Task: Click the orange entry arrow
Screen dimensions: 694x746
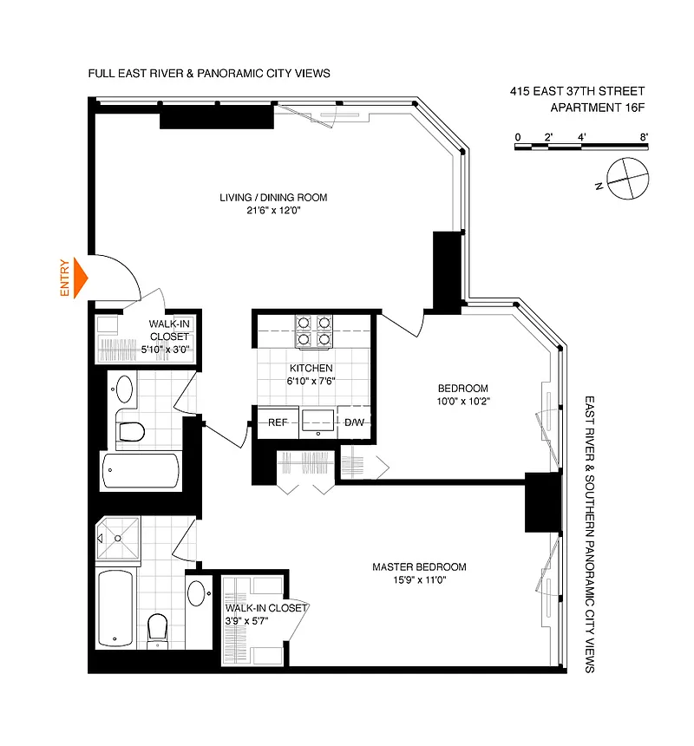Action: (81, 278)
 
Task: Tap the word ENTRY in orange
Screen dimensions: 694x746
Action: (65, 278)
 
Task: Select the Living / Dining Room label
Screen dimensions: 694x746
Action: (273, 198)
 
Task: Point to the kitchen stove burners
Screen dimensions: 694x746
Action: (314, 331)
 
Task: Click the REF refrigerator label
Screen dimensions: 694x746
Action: (278, 422)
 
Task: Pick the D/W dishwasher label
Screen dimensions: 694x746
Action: (354, 422)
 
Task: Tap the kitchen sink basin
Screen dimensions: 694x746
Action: (318, 421)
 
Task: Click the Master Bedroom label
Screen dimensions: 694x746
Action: (419, 566)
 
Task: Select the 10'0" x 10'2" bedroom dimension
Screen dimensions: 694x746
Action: (463, 401)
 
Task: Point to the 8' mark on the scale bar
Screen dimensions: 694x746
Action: (644, 137)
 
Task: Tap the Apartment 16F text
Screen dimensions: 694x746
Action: (598, 108)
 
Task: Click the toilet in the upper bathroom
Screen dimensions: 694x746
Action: (132, 431)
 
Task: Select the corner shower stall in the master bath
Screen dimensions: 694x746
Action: (118, 538)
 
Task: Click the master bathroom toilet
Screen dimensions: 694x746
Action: (157, 628)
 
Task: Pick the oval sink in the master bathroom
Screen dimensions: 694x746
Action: (196, 593)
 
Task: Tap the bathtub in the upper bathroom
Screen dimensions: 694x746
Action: (141, 470)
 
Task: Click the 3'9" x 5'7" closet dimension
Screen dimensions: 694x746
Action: (247, 621)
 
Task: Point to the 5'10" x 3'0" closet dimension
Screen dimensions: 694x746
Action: (165, 350)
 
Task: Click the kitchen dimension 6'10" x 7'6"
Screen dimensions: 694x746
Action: (311, 381)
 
